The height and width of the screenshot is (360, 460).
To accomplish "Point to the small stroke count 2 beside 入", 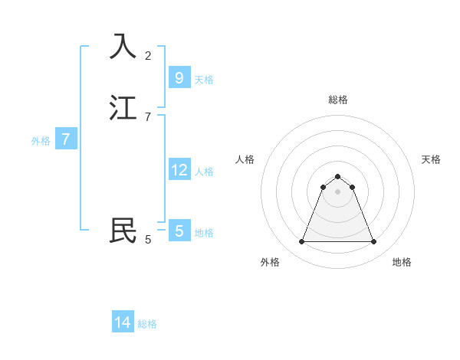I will pos(148,55).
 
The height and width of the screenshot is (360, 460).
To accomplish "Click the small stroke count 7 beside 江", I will pos(148,116).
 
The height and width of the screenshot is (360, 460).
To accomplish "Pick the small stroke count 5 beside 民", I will pos(148,240).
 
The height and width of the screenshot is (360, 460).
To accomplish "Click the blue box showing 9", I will pos(179,77).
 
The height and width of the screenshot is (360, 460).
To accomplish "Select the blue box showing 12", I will pos(179,169).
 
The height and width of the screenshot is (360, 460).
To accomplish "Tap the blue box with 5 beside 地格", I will pos(179,231).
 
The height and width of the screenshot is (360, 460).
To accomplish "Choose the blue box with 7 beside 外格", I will pos(66,139).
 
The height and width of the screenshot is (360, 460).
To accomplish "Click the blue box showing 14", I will pos(123,322).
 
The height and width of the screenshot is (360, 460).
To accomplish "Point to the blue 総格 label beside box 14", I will pos(147,324).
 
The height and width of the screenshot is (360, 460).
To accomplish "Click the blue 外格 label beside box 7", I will pos(41,141).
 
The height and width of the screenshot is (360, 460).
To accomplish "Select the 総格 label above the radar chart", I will pos(338,100).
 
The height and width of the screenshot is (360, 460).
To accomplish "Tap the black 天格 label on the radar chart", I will pos(431,159).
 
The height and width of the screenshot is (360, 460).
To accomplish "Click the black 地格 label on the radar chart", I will pos(402,262).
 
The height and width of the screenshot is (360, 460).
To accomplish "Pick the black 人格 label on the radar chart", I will pos(245,159).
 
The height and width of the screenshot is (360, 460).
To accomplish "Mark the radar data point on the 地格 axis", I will pos(373,242).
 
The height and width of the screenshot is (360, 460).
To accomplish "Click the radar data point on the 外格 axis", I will pos(301,242).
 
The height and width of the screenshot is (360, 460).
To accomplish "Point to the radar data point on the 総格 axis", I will pos(337,176).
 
